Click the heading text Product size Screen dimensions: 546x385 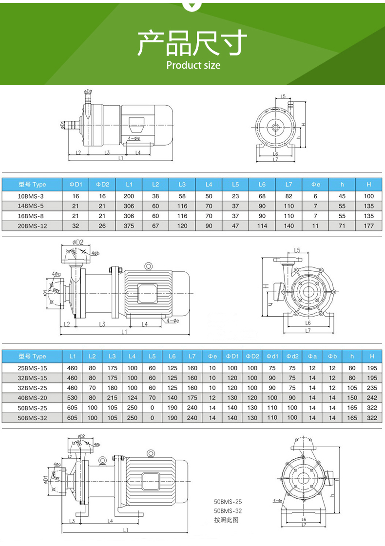pos(193,65)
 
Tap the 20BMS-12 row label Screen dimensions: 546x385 pos(33,226)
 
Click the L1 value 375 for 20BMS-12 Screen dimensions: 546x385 pos(129,226)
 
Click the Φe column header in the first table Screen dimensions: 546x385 pos(315,184)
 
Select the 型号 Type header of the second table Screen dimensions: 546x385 pos(32,356)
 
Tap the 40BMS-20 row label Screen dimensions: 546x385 pos(32,398)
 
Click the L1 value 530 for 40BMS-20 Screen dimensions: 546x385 pos(72,398)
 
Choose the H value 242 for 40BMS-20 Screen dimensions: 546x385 pos(372,398)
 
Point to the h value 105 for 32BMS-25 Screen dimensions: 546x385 pos(352,388)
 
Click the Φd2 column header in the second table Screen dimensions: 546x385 pos(292,356)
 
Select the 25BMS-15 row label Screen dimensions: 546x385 pos(32,368)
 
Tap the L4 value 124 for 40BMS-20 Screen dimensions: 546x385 pos(133,398)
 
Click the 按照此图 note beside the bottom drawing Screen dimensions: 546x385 pos(226,520)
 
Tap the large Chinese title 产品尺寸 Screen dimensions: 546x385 pos(192,43)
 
